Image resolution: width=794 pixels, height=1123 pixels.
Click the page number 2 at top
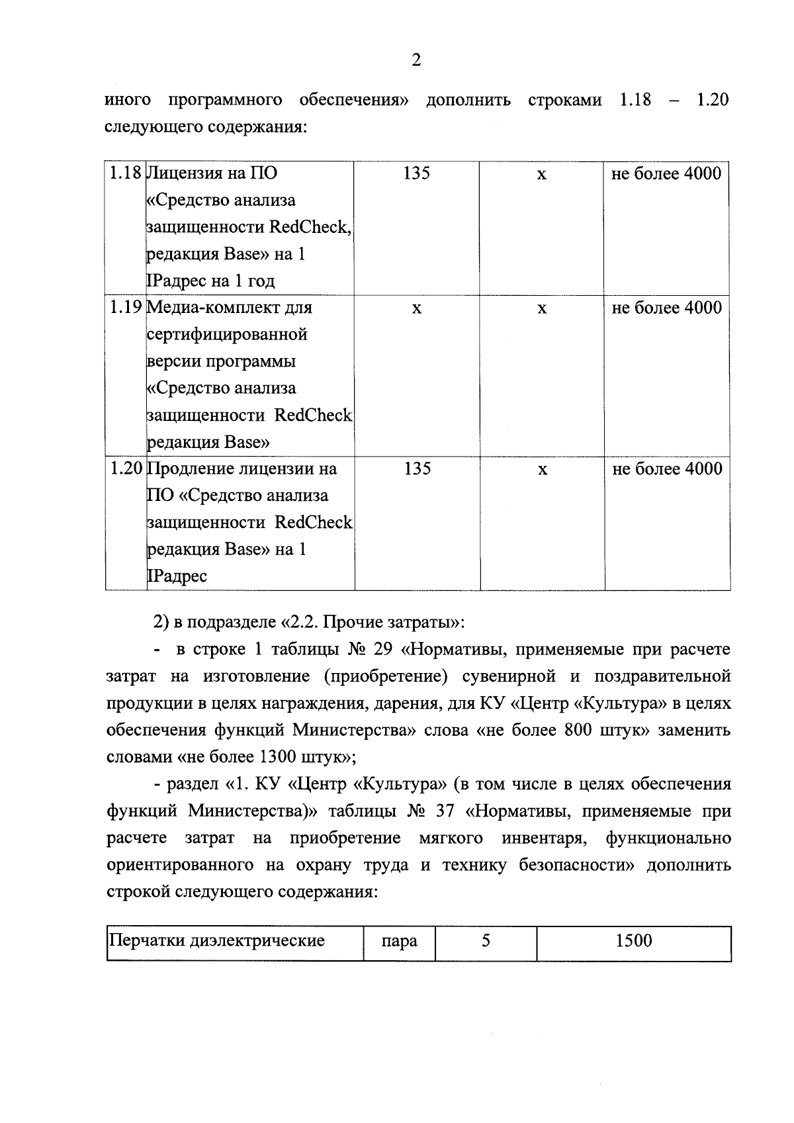(x=416, y=61)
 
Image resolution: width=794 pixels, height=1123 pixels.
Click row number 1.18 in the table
(x=126, y=173)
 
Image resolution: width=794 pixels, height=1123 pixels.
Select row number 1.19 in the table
(x=126, y=308)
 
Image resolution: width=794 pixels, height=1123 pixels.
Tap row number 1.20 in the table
(x=126, y=469)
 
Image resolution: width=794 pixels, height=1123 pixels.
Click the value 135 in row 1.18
(x=416, y=173)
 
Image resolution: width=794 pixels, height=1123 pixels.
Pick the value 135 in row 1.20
(x=417, y=469)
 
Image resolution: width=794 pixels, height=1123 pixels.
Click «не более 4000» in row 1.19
(x=667, y=308)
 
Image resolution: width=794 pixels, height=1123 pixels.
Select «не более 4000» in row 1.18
(x=667, y=173)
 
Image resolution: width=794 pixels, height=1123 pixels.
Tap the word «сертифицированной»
(x=227, y=335)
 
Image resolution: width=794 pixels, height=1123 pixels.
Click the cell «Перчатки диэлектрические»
(x=217, y=940)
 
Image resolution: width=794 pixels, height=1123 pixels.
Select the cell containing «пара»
(x=399, y=941)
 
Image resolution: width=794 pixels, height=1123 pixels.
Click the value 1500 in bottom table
(x=633, y=940)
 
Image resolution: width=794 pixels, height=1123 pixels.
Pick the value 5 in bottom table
(x=486, y=940)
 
